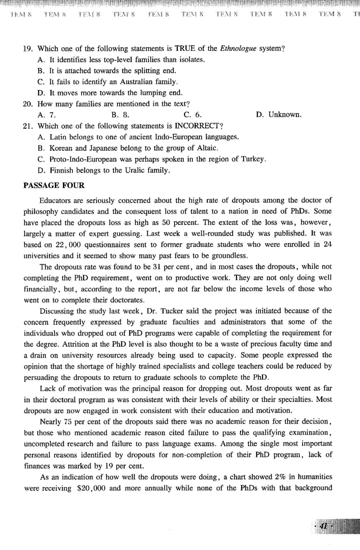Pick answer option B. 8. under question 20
(120, 115)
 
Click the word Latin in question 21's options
(58, 137)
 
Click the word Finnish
(61, 170)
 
